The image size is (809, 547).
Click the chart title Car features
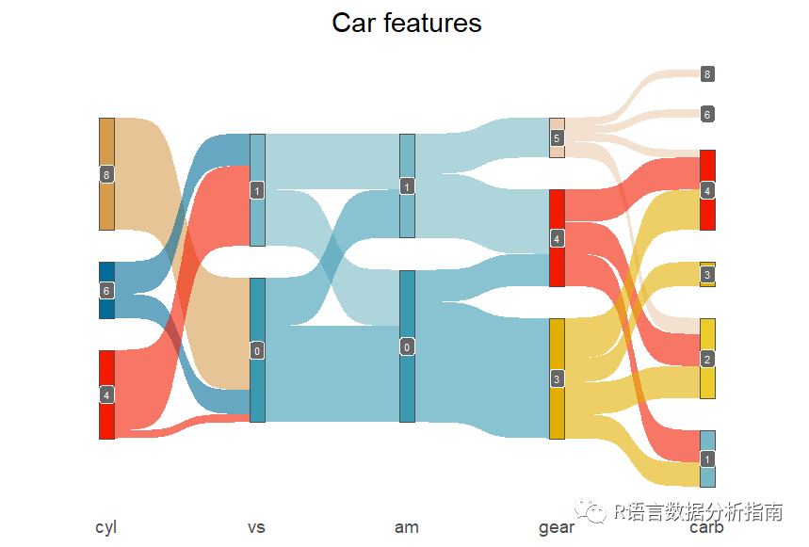[x=406, y=23]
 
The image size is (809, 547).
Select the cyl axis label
[x=105, y=527]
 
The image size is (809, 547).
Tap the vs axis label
[x=256, y=527]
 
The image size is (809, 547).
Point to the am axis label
[x=407, y=527]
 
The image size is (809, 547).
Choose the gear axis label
[x=556, y=527]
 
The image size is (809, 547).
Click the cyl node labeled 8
[x=106, y=174]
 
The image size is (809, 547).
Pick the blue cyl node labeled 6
[x=106, y=290]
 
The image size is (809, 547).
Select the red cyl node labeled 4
[x=106, y=394]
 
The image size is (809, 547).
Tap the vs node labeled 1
[x=257, y=190]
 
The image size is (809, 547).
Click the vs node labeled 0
[x=257, y=350]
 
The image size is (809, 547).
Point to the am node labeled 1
[x=407, y=186]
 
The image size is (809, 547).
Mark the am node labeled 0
[x=407, y=346]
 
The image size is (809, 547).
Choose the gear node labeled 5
[x=557, y=138]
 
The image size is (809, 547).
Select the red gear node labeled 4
[x=557, y=238]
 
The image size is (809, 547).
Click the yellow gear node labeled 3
[x=557, y=378]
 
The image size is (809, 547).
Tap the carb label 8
[x=707, y=73]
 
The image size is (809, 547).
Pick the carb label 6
[x=707, y=114]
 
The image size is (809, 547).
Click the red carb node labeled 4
[x=707, y=190]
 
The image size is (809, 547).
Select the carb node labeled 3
[x=707, y=274]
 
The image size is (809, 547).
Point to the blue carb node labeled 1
[x=707, y=459]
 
